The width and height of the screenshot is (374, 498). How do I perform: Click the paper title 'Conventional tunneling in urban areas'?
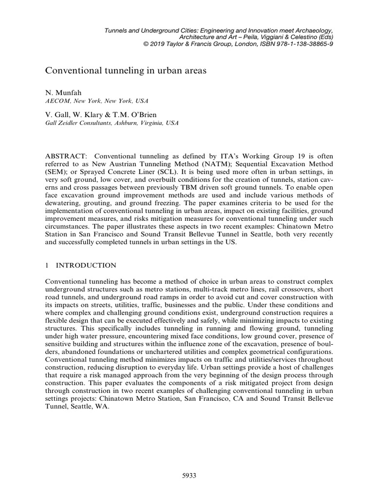tap(126, 71)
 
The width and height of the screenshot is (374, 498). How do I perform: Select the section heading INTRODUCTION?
tap(86, 265)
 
